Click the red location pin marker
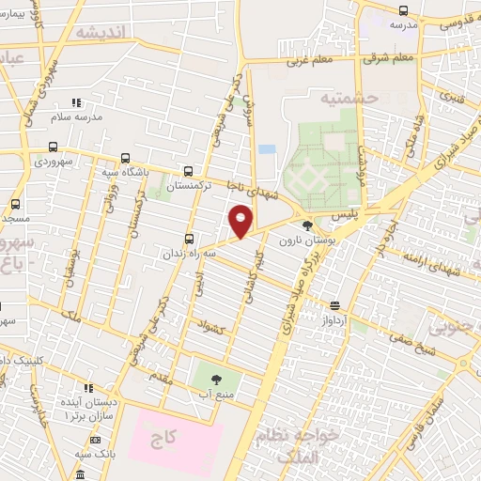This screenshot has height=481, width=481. (x=240, y=221)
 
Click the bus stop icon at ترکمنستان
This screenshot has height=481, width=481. (x=189, y=171)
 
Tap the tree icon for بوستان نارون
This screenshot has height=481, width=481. (x=307, y=225)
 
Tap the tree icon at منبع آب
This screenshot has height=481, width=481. (x=217, y=380)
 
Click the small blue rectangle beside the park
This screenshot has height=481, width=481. (x=268, y=149)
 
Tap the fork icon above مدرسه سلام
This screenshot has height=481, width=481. (x=75, y=101)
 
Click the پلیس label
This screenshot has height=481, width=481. (x=345, y=215)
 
